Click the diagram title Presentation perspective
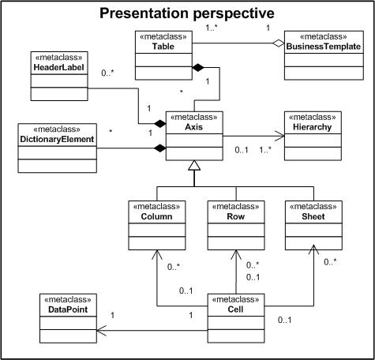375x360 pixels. coord(187,13)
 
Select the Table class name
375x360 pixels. coord(163,47)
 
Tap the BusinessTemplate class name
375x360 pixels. coord(324,47)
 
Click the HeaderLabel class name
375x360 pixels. coord(59,67)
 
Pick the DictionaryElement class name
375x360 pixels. coord(57,139)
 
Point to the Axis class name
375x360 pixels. coord(194,127)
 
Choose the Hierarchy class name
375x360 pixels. coord(313,127)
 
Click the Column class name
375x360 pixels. coord(156,216)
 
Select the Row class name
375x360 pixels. coord(236,216)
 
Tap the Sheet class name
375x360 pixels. coord(313,216)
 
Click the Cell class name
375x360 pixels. coord(235,309)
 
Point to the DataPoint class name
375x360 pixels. coord(68,309)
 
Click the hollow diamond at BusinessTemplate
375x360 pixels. coord(279,43)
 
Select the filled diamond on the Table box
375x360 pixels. coord(198,68)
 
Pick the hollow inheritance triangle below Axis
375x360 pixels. coord(194,165)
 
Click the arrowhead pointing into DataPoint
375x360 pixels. coord(101,331)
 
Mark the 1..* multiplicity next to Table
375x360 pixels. coord(212,28)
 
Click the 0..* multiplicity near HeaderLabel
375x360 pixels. coord(107,73)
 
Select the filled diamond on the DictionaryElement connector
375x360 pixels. coord(160,148)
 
